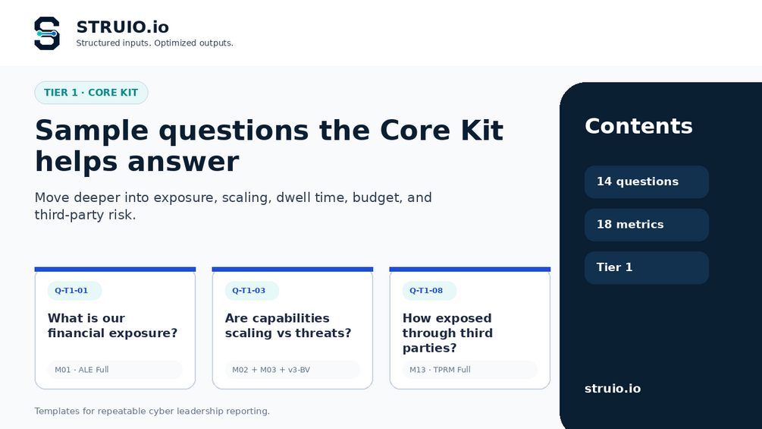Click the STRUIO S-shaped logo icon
coord(47,33)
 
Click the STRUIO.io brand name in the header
coord(123,27)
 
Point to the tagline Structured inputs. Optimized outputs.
coord(155,43)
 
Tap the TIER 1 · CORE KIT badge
coord(91,93)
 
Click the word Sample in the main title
coord(92,131)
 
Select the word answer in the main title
coord(183,162)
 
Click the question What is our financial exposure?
coord(113,326)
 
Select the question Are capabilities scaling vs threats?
coord(288,326)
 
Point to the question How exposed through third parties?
coord(447,333)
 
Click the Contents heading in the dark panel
coord(638,127)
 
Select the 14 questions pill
coord(647,182)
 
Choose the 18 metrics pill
coord(647,225)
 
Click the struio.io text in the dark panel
coord(613,389)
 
